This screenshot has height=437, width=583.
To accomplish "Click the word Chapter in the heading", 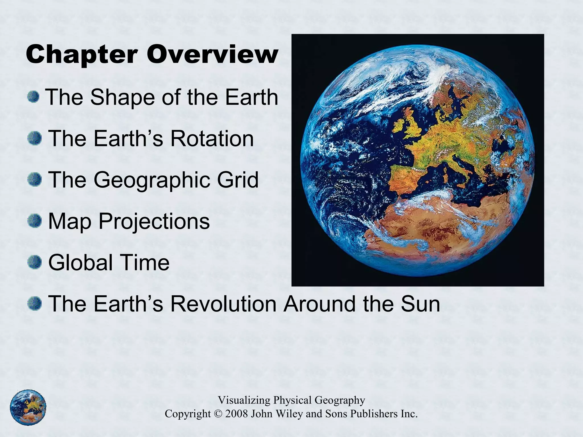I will point(82,55).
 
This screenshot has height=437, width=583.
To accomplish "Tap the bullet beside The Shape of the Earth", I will point(34,97).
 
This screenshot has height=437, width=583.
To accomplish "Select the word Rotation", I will point(212,139).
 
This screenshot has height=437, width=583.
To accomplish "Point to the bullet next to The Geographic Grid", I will point(35,180).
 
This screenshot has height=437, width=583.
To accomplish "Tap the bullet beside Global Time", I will point(35,262).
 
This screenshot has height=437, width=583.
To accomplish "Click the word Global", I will point(81,262).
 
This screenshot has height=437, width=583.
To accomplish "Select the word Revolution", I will point(223,304).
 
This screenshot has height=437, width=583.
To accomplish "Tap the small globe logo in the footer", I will point(28,407).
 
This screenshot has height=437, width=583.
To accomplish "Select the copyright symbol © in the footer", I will point(217,414).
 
